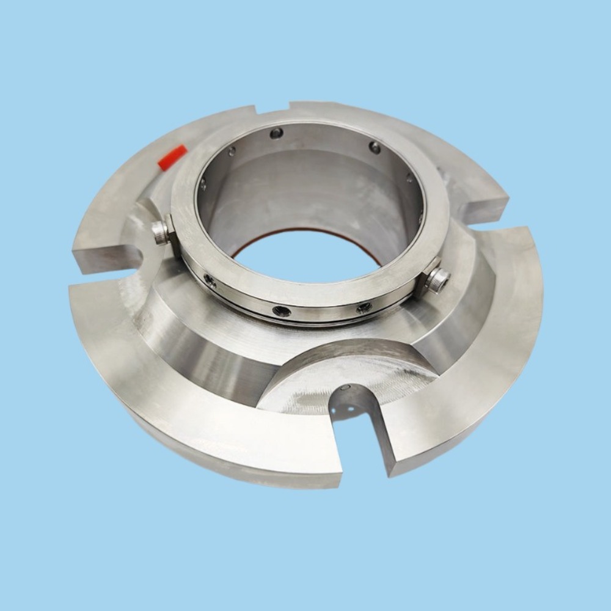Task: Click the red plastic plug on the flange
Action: [172, 157]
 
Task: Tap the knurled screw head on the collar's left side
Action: [161, 232]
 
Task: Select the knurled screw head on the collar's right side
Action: [437, 280]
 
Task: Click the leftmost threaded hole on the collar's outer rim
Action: [210, 280]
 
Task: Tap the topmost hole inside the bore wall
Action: [277, 133]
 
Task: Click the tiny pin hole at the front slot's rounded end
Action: [346, 389]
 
